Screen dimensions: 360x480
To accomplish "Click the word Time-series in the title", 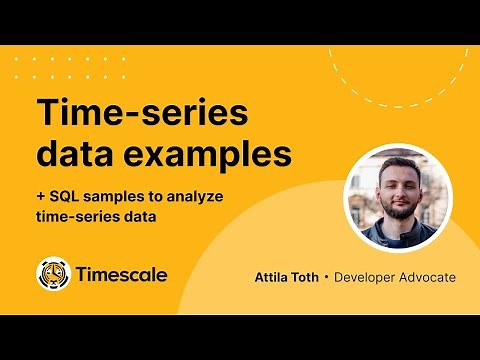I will (141, 113).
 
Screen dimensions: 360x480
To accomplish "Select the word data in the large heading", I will (73, 155).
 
